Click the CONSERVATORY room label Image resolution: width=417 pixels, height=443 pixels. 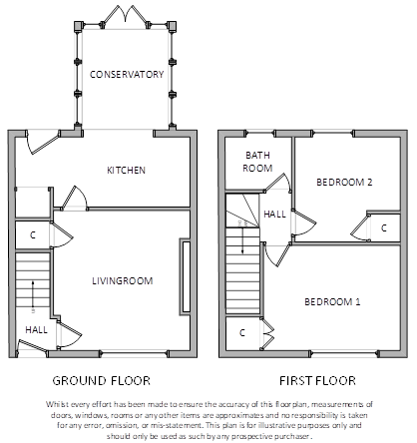click(x=127, y=74)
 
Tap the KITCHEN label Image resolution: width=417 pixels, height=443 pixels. click(x=126, y=171)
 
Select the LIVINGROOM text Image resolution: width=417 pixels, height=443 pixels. click(x=123, y=281)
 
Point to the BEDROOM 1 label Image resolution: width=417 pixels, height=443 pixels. click(x=332, y=302)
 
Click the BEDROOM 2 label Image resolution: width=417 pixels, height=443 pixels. click(x=344, y=183)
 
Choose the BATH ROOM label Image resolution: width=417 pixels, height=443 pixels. click(x=257, y=162)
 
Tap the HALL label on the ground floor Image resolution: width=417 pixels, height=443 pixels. click(x=36, y=330)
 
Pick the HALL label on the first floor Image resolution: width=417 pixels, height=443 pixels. click(x=274, y=215)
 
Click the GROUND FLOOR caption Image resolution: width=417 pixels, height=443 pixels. click(x=102, y=380)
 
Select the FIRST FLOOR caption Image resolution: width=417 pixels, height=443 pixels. click(x=317, y=380)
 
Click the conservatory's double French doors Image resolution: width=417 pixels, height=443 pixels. click(x=126, y=17)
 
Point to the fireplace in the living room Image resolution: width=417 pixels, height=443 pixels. click(x=186, y=276)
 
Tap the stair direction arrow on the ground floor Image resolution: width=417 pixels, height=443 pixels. click(x=33, y=294)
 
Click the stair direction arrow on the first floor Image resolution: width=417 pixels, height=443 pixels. click(x=242, y=236)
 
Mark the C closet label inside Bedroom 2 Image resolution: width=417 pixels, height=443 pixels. click(x=384, y=228)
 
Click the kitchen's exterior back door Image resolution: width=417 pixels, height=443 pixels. click(x=43, y=144)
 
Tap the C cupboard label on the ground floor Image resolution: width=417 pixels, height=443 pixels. click(x=33, y=235)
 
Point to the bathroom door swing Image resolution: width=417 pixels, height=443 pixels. click(x=279, y=183)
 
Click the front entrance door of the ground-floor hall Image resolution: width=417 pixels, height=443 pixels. click(x=32, y=345)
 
